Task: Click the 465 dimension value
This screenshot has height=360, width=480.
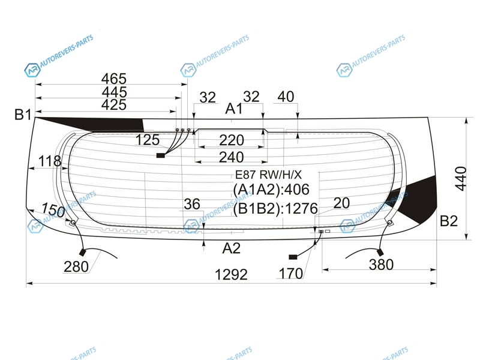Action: click(x=114, y=79)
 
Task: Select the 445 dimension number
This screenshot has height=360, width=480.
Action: click(x=114, y=92)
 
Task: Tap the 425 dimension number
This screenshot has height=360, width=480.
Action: click(x=114, y=104)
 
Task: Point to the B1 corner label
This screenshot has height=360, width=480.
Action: click(x=23, y=115)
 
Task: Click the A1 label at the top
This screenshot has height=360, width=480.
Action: click(x=234, y=109)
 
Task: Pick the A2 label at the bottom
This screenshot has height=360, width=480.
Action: click(x=232, y=248)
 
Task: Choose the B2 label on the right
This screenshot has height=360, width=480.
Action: click(x=448, y=221)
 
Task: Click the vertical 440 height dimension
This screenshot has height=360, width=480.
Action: click(x=461, y=178)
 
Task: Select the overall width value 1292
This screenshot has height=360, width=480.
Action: click(x=231, y=274)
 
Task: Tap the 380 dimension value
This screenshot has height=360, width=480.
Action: click(x=381, y=264)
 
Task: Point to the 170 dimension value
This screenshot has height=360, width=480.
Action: click(x=291, y=274)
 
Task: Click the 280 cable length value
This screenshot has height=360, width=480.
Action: click(x=76, y=266)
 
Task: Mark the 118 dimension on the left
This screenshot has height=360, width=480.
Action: click(x=50, y=161)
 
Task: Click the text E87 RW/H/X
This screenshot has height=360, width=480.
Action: click(x=268, y=175)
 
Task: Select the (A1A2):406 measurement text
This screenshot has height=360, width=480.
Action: click(x=271, y=190)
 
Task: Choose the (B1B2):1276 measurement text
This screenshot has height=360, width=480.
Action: click(x=275, y=209)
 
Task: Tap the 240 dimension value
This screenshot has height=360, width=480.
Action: click(x=232, y=157)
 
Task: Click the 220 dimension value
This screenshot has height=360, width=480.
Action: click(x=232, y=140)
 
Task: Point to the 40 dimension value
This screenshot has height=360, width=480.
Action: click(x=286, y=97)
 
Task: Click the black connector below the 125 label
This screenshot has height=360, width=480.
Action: click(x=161, y=155)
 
